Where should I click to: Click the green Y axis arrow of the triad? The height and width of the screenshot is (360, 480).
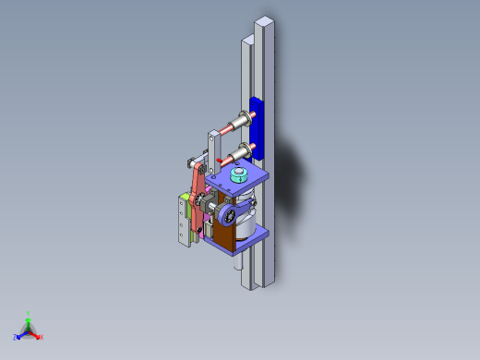[29, 316]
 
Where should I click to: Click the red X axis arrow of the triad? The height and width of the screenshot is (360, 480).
[39, 336]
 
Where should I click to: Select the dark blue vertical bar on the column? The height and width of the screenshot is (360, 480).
[257, 126]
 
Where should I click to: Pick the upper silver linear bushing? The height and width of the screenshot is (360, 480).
[244, 121]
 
